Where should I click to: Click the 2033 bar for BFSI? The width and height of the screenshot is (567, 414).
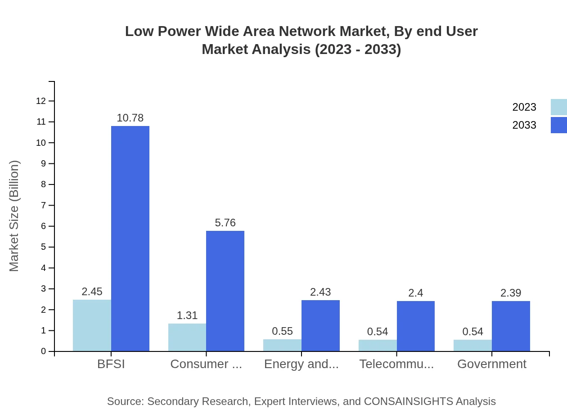[x=130, y=238]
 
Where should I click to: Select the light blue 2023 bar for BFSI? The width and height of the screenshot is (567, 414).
[x=92, y=325]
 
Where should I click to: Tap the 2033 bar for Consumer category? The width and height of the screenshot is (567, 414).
[x=225, y=291]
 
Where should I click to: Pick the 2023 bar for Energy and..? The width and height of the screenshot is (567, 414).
[x=282, y=345]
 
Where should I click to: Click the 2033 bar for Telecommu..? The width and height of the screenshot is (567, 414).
[x=415, y=326]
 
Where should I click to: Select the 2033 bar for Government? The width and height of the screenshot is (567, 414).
[x=511, y=326]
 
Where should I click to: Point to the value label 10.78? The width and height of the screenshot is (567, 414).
[x=130, y=118]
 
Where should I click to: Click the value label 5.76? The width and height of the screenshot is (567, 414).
[x=225, y=223]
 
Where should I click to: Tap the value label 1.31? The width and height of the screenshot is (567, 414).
[x=187, y=315]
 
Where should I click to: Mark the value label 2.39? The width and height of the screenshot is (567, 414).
[x=511, y=293]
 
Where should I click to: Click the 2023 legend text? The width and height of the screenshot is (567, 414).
[x=524, y=107]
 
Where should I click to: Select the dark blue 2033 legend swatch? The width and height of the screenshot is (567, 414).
[x=558, y=125]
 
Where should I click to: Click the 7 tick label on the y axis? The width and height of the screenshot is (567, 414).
[x=44, y=205]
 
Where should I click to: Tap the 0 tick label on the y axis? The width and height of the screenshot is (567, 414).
[x=44, y=351]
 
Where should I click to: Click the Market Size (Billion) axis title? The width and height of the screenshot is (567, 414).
[x=14, y=216]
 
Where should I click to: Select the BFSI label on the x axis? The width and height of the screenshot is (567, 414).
[x=111, y=364]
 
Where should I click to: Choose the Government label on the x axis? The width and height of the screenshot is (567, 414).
[x=491, y=364]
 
